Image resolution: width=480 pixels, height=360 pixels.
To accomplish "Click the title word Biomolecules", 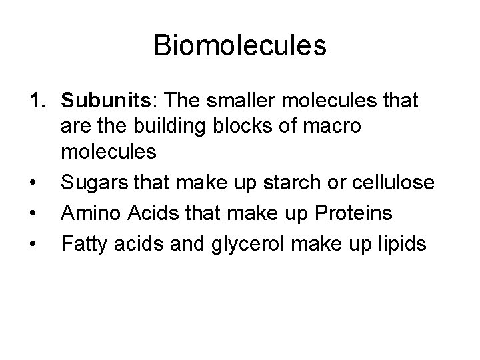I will tap(240, 46).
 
